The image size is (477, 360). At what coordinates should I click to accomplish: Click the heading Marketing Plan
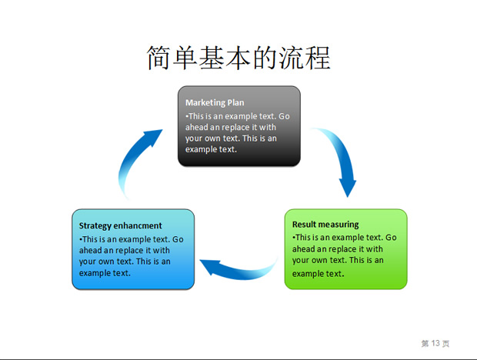pos(215,103)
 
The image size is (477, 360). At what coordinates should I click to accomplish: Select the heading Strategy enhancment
pos(121,226)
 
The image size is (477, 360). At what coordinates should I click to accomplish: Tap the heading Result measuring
pos(325,225)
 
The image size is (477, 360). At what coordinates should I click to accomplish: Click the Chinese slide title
pos(239,58)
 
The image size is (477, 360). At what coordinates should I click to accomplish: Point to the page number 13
pos(435,343)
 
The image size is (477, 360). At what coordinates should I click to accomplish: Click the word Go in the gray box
pos(284,116)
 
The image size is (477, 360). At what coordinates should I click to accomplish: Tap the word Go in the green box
pos(391,238)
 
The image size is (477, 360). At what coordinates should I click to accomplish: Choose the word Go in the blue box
pos(178,239)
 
